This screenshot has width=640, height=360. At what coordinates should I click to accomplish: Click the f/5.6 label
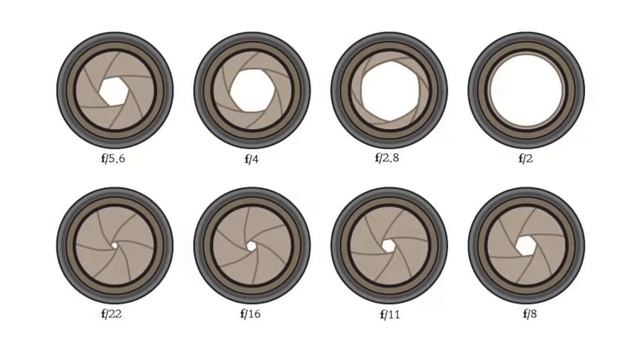(x=113, y=158)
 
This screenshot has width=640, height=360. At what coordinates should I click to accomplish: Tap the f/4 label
(x=251, y=159)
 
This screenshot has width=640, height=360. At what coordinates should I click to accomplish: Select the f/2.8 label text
(x=387, y=158)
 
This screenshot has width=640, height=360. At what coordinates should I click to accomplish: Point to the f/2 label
(x=526, y=158)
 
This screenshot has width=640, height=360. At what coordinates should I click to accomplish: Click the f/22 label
(x=111, y=314)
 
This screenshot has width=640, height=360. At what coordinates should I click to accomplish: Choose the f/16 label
(x=250, y=314)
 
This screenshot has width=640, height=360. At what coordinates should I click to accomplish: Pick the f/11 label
(x=390, y=314)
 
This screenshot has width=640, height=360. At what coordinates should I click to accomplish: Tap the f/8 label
(x=530, y=314)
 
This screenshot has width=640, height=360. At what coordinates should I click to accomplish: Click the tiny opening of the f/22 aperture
(x=114, y=245)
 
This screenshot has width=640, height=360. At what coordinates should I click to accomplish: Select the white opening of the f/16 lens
(x=251, y=246)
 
